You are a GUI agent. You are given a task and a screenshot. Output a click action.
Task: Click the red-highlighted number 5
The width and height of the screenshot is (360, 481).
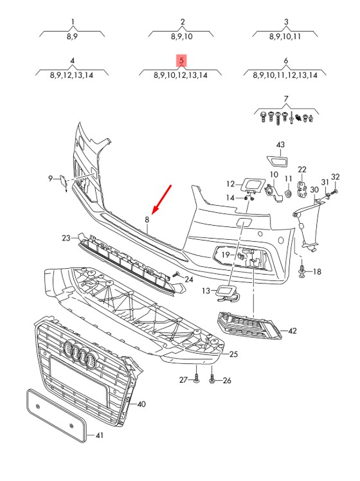(181, 60)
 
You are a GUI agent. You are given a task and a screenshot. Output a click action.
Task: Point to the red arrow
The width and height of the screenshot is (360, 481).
(161, 199)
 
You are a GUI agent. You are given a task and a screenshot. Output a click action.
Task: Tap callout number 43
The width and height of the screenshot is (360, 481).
(280, 145)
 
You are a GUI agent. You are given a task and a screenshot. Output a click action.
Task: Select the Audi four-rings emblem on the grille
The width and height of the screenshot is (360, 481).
(80, 354)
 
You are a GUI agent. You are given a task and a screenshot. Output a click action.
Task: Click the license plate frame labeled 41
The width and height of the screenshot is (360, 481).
(57, 415)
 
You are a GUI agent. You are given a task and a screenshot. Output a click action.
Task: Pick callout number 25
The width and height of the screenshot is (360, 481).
(233, 354)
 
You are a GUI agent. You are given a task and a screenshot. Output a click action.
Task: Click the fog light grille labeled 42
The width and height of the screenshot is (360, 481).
(249, 326)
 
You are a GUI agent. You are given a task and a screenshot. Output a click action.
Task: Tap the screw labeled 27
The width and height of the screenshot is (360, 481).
(197, 378)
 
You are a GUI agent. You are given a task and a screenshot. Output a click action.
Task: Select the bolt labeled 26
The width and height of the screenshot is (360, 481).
(212, 379)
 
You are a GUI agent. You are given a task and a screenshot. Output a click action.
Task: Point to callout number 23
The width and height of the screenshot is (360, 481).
(66, 238)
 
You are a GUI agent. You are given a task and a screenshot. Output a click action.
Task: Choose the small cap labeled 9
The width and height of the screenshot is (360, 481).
(64, 183)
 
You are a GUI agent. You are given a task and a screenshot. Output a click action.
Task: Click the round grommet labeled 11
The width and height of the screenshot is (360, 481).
(288, 194)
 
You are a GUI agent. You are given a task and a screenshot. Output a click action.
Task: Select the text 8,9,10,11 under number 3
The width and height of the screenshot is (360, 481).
(285, 37)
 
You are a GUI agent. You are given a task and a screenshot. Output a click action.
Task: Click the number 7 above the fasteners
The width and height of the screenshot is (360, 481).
(286, 99)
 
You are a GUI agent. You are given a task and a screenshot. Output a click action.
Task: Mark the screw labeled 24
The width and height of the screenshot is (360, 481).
(176, 274)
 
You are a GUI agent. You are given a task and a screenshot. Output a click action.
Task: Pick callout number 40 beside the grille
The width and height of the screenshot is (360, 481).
(141, 404)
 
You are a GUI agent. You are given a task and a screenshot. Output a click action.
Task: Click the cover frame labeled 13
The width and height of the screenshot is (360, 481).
(228, 293)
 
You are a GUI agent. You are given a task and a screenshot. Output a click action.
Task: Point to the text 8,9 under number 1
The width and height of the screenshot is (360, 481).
(72, 37)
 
